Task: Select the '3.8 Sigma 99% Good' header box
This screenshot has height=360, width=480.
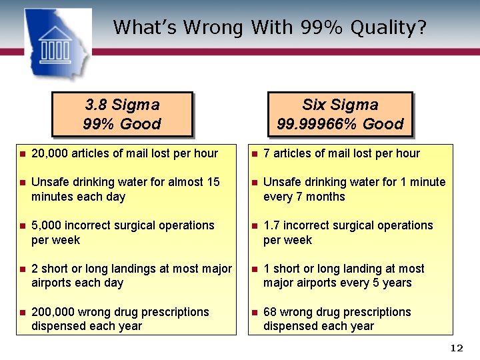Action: coord(122,114)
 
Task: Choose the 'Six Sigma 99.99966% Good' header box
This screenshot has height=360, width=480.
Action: coord(340,114)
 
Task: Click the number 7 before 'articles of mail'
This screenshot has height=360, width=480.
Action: coord(267,153)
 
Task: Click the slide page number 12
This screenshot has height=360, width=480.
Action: coord(457,348)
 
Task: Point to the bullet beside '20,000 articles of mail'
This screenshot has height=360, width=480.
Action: coord(22,154)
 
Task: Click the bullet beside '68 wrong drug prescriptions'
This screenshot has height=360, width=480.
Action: coord(254,313)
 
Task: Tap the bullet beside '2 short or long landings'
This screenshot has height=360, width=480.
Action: coord(22,269)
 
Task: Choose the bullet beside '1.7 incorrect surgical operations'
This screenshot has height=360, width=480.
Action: coord(254,226)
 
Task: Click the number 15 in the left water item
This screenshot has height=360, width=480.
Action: coord(213,182)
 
